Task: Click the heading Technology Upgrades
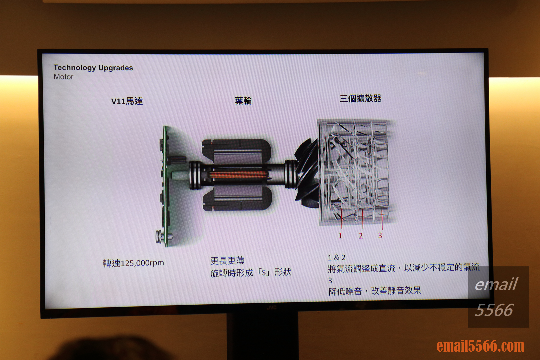click(93, 68)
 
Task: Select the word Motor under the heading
click(63, 77)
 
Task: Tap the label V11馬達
click(127, 101)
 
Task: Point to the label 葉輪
click(243, 101)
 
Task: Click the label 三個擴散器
click(360, 99)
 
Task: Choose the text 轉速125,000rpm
click(134, 263)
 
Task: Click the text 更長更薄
click(227, 261)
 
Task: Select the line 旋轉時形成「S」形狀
click(251, 273)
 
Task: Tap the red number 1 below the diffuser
click(340, 236)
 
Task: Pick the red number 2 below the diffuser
click(361, 236)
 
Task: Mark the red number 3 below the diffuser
click(380, 235)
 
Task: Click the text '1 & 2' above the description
click(337, 258)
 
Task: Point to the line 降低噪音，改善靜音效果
click(375, 291)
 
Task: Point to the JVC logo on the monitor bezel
click(271, 308)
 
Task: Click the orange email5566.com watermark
click(480, 346)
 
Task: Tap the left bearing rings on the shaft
click(195, 175)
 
